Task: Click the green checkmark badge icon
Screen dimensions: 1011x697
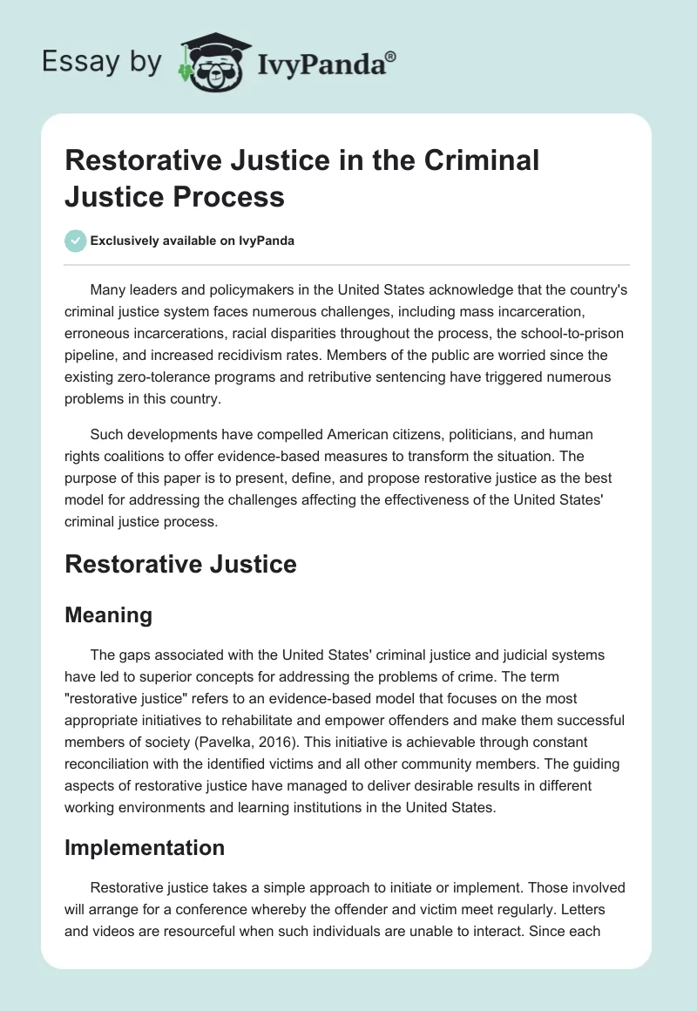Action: tap(77, 241)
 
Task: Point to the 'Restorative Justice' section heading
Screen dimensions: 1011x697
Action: tap(181, 564)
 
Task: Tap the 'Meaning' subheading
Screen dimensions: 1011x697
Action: tap(109, 614)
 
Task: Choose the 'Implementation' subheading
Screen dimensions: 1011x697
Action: tap(145, 847)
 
